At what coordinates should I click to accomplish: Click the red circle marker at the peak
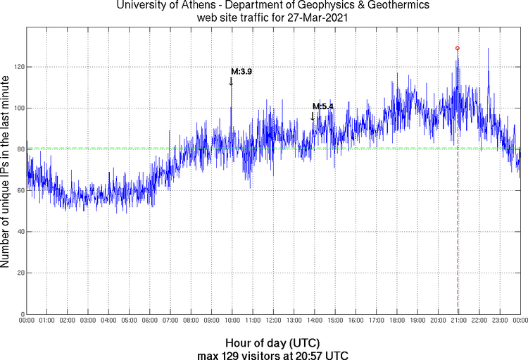tap(458, 48)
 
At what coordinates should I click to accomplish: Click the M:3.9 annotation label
tap(241, 72)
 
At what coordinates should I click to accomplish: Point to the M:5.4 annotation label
tap(323, 106)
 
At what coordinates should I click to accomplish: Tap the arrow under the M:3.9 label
tap(231, 82)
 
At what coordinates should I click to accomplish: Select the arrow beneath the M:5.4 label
tap(313, 116)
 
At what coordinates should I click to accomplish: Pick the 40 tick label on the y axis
tap(18, 232)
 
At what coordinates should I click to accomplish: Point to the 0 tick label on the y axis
tap(20, 314)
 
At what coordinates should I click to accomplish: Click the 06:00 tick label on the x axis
tap(149, 321)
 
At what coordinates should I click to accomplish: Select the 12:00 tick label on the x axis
tap(273, 321)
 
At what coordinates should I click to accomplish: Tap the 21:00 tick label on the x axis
tap(458, 321)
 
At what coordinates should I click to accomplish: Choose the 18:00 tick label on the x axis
tap(396, 321)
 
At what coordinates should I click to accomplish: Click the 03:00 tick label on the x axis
tap(87, 321)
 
